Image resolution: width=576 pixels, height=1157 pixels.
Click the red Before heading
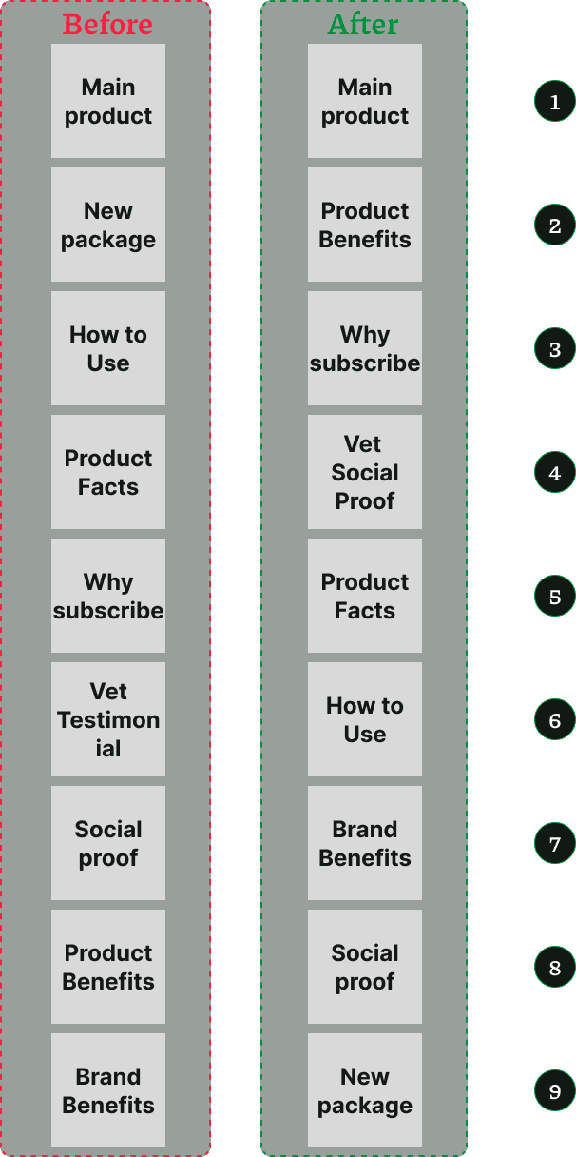(x=107, y=25)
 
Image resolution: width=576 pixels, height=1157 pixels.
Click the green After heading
(x=364, y=25)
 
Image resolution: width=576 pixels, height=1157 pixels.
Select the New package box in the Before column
(x=108, y=225)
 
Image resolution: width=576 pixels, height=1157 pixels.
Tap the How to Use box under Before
(x=108, y=348)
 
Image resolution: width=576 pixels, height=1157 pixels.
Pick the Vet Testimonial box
(x=108, y=719)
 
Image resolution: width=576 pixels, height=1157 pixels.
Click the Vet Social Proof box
(x=365, y=472)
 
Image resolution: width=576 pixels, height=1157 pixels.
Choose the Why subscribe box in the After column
(x=365, y=348)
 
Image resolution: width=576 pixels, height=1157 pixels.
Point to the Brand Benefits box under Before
(x=108, y=1090)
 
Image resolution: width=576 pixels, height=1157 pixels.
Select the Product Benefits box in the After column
(x=365, y=225)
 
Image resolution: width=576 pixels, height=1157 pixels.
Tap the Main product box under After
(x=365, y=101)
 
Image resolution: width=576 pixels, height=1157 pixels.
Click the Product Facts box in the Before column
(x=108, y=472)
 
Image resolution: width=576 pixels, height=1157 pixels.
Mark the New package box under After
(x=365, y=1090)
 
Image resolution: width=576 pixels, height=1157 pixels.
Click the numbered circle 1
(x=555, y=102)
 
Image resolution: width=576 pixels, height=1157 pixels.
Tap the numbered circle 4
(x=555, y=473)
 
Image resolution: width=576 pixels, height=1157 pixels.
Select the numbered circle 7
(x=555, y=844)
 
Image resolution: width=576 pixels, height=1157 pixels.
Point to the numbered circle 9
(x=555, y=1091)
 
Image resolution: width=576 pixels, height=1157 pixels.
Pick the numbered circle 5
(x=555, y=597)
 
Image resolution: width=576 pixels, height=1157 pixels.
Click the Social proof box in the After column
(x=365, y=967)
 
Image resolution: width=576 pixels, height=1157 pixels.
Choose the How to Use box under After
(x=365, y=719)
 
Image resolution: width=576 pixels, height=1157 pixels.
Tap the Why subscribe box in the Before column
(x=108, y=596)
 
